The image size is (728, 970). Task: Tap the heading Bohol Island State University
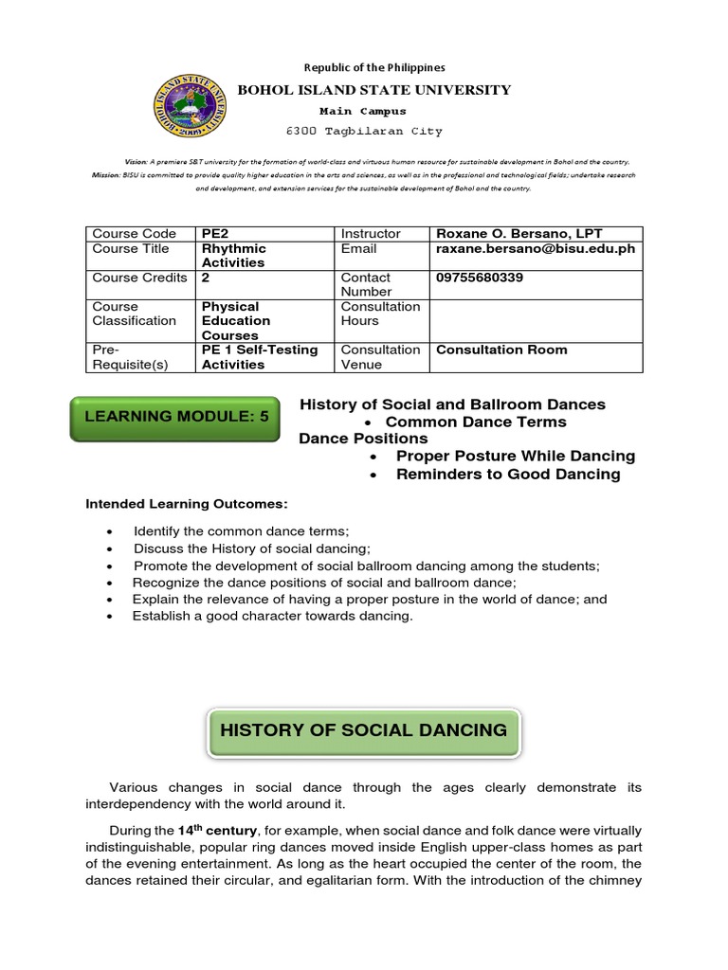click(x=373, y=90)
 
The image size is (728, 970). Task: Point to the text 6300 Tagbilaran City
click(x=365, y=131)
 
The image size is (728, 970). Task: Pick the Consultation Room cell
click(x=501, y=350)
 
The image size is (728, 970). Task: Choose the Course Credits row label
click(x=139, y=278)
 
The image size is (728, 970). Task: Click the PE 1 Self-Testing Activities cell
click(x=259, y=357)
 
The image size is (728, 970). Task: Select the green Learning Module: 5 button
click(x=174, y=416)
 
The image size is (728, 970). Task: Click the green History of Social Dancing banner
click(x=364, y=729)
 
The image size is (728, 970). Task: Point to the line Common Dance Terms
click(x=476, y=422)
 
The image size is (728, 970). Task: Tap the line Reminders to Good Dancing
click(x=508, y=475)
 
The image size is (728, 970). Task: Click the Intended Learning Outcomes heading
click(x=186, y=503)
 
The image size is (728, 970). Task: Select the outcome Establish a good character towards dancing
click(x=273, y=617)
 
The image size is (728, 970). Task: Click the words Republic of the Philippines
click(x=373, y=67)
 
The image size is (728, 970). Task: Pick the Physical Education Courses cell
click(x=236, y=320)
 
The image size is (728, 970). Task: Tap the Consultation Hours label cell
click(x=380, y=314)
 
